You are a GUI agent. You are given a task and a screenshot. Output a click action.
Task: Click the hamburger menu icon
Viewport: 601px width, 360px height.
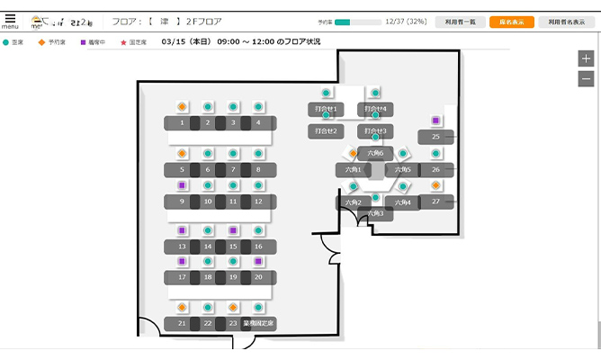10,18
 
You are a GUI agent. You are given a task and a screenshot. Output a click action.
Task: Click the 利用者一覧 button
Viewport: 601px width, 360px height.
461,22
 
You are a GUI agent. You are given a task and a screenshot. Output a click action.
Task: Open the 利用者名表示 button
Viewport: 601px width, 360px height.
566,22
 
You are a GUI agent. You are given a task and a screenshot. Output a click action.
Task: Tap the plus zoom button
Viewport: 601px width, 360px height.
587,58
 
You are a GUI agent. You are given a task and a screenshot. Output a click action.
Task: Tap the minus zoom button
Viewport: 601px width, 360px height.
587,78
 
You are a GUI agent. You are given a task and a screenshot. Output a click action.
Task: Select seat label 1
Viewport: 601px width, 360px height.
182,122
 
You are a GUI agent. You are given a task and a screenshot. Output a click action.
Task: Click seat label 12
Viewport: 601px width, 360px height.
258,202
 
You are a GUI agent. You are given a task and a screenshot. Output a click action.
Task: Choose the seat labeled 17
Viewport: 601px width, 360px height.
182,277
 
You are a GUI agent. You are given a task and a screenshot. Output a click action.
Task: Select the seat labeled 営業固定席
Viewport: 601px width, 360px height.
258,323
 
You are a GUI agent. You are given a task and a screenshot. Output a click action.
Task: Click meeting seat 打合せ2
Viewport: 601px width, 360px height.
326,130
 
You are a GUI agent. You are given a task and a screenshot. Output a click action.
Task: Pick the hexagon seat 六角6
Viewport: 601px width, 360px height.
375,153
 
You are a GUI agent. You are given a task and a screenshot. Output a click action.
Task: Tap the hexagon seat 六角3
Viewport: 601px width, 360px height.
375,214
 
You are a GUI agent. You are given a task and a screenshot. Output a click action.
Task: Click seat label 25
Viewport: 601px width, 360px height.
435,137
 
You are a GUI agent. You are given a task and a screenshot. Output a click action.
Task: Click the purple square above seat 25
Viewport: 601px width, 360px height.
435,121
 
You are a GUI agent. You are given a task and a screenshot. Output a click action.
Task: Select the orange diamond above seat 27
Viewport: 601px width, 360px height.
435,185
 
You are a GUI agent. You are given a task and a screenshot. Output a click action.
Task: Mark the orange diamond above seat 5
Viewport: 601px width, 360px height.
182,154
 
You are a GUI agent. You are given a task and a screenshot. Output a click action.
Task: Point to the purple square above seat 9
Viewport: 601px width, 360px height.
182,185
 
